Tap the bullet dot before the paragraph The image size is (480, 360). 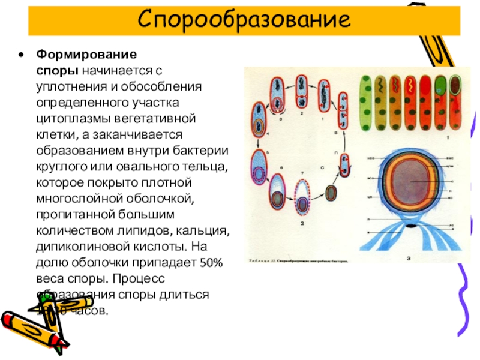[22, 55]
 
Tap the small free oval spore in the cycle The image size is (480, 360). [331, 193]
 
